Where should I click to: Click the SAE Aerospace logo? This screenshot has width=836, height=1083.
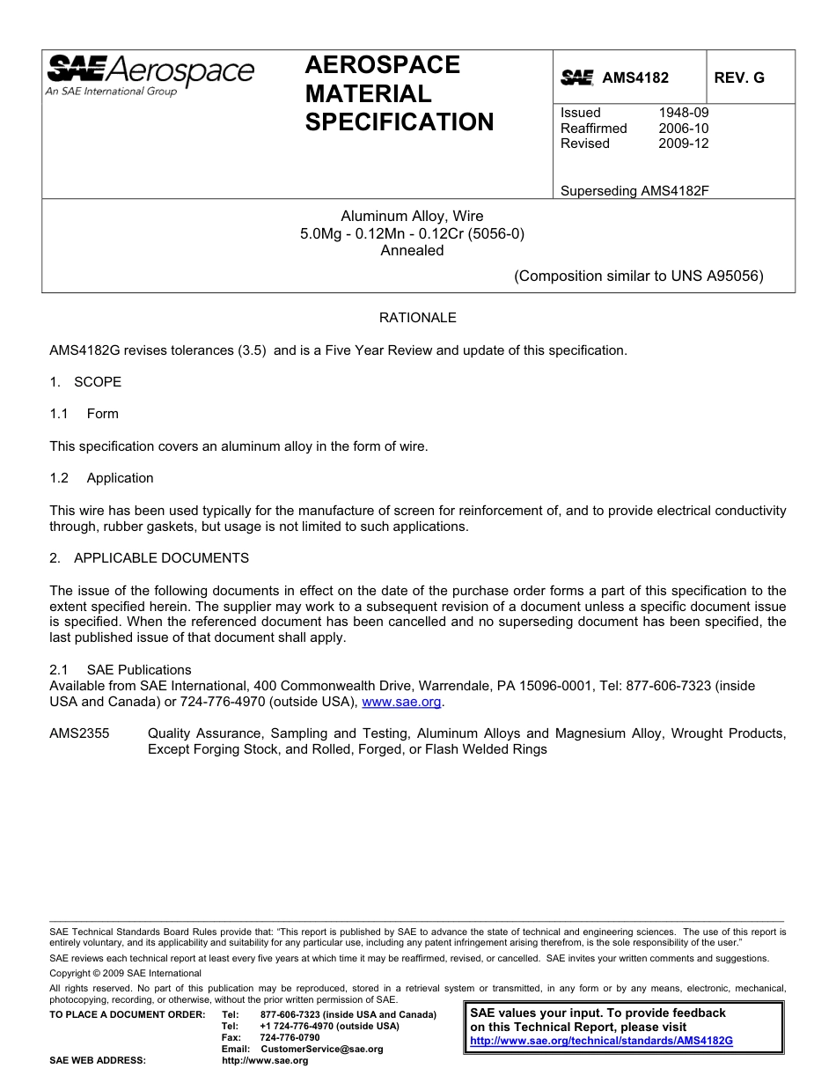tap(150, 74)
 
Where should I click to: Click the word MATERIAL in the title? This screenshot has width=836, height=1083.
tap(368, 93)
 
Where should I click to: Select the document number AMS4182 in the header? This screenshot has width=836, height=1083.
tap(634, 77)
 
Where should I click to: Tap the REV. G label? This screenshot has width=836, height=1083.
tap(739, 77)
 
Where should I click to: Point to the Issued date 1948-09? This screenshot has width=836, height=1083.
tap(683, 113)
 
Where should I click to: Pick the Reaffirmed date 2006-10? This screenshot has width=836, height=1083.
tap(683, 129)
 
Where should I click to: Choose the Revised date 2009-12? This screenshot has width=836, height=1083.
tap(683, 144)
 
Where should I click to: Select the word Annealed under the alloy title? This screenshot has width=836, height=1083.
tap(412, 250)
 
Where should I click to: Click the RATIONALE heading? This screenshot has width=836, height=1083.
tap(417, 318)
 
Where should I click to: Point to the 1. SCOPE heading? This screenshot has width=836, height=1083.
tap(85, 382)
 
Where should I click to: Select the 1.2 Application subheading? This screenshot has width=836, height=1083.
tap(102, 478)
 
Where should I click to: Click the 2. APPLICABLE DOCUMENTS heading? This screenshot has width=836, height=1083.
tap(149, 558)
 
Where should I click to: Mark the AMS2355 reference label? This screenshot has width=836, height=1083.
tap(79, 733)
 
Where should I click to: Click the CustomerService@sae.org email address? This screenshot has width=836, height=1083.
tap(322, 1049)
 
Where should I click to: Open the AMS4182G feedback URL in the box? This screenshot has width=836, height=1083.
tap(601, 1041)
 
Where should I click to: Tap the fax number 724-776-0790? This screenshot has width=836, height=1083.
tap(290, 1037)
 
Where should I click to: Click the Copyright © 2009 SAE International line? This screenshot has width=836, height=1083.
tap(125, 973)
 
